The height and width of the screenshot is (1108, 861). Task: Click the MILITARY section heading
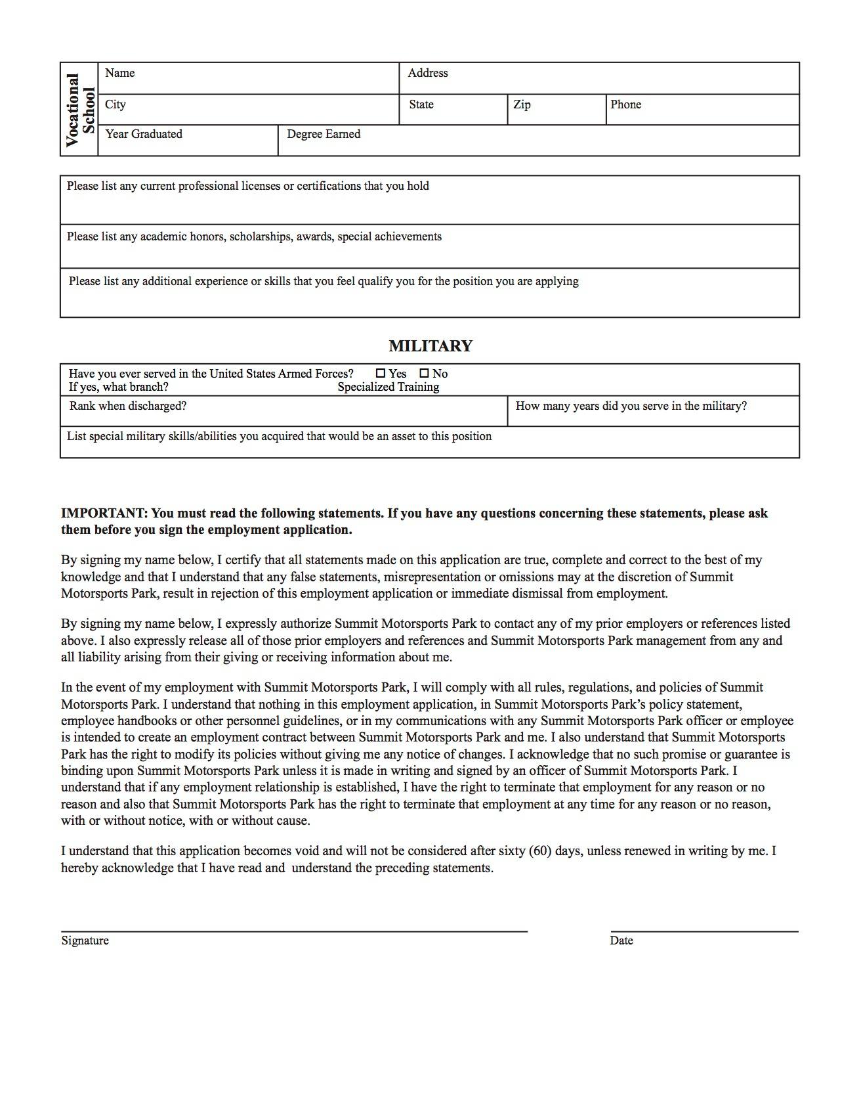[430, 346]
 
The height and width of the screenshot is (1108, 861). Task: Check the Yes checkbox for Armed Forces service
[381, 373]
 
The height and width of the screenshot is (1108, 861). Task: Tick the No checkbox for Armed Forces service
[424, 373]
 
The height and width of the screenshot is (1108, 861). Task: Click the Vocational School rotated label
[79, 109]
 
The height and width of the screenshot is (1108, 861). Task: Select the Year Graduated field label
[144, 134]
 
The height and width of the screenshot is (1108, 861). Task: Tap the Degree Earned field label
[324, 134]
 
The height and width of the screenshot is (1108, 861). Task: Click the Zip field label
[522, 104]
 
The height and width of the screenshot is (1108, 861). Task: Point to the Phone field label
[625, 104]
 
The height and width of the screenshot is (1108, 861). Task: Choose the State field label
[421, 104]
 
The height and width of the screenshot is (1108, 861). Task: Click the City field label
[115, 104]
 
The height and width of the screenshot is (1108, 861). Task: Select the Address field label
[427, 73]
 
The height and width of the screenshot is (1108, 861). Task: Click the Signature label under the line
[85, 941]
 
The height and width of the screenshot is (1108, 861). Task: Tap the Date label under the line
[621, 941]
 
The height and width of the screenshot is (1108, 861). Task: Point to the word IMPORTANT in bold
[104, 513]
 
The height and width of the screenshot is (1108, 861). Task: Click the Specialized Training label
[388, 387]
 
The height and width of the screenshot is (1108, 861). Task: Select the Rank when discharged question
[128, 406]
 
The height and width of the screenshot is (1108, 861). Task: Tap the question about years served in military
[631, 406]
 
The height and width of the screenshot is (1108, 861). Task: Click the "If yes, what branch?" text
[118, 387]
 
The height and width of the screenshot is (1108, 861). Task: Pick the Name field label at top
[119, 73]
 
